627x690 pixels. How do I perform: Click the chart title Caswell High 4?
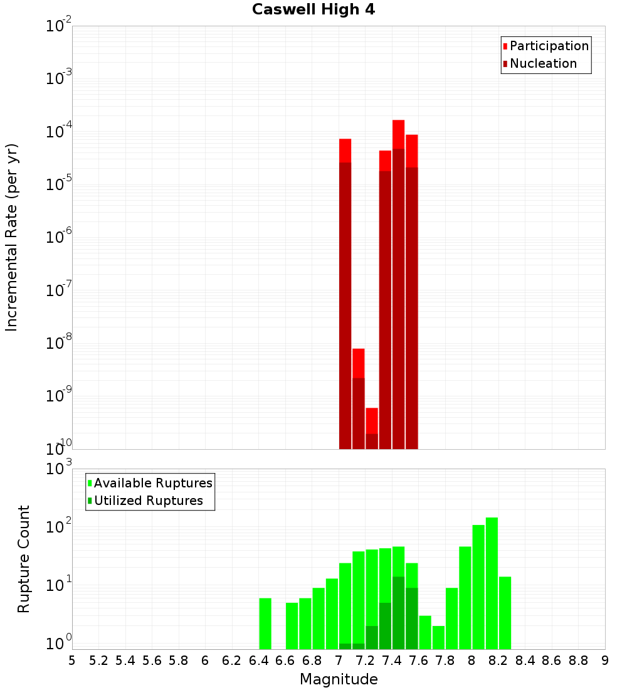coord(313,10)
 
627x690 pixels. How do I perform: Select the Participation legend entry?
coord(549,46)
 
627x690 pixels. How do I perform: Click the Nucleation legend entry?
coord(542,63)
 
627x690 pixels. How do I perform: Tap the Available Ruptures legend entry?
coord(152,483)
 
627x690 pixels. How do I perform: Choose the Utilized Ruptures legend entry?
coord(148,501)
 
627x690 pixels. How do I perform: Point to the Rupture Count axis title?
coord(24,558)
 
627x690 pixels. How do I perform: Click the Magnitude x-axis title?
coord(339,679)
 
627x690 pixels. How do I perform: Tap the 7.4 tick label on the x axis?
coord(392,661)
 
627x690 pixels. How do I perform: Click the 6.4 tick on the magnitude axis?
coord(258,661)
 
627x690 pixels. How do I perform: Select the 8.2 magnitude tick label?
coord(498,661)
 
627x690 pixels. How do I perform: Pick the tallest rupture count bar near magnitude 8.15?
coord(492,583)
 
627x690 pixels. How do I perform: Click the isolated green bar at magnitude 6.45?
coord(265,624)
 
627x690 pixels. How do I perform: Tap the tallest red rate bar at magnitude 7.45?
coord(398,282)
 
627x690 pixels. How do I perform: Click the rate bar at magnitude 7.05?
coord(345,295)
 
